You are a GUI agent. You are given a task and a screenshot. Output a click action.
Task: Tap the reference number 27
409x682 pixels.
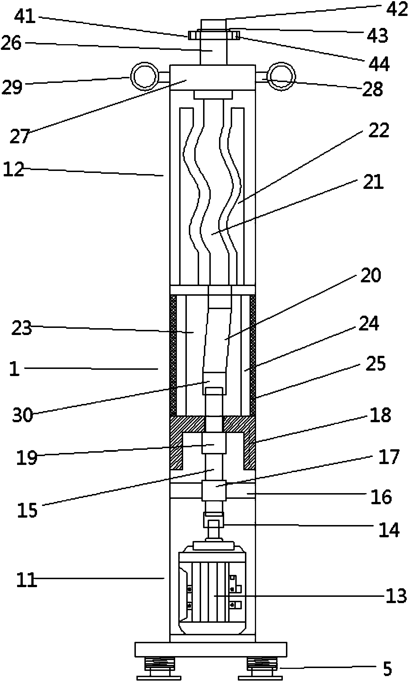[x=20, y=136]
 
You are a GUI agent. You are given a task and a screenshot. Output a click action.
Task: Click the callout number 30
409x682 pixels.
[x=23, y=416]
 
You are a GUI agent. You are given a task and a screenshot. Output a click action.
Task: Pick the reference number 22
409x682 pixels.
[x=379, y=130]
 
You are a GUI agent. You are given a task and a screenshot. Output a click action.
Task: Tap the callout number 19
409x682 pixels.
[x=26, y=458]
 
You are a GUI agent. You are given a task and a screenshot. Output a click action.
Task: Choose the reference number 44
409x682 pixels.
[x=379, y=64]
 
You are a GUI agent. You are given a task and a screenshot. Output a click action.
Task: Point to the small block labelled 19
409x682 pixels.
[x=214, y=443]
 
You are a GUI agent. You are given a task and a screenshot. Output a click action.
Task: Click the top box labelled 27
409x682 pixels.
[x=212, y=77]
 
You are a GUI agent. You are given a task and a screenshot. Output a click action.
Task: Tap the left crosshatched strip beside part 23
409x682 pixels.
[x=173, y=355]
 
